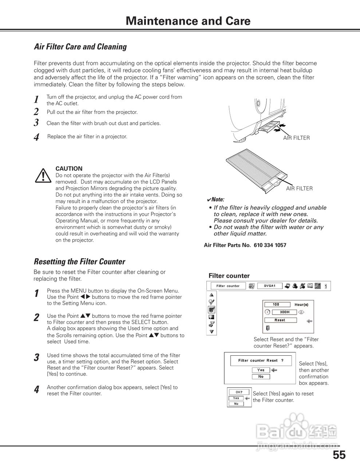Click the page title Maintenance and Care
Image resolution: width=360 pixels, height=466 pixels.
tap(188, 21)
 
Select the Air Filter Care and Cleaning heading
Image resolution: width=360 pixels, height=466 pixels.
tap(80, 47)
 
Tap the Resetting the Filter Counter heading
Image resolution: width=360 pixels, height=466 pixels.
tap(79, 261)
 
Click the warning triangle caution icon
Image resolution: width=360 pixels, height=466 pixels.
tap(43, 175)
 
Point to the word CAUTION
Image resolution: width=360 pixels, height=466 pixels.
tap(69, 169)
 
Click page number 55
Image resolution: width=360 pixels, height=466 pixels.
tap(339, 455)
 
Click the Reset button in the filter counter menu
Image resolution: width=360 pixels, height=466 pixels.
tap(280, 320)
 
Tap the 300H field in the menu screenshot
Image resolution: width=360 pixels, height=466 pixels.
tap(284, 312)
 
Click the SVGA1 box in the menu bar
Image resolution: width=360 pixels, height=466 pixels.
tap(269, 286)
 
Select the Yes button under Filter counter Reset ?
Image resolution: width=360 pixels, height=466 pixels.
tap(261, 370)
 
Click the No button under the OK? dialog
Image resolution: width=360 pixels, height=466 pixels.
tap(236, 404)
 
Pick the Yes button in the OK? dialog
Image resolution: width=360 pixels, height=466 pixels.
tap(236, 398)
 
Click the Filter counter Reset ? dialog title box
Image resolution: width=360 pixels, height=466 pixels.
tap(261, 360)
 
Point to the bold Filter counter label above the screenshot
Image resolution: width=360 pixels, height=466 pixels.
tap(229, 276)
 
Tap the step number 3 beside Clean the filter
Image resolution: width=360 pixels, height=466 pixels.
tap(36, 123)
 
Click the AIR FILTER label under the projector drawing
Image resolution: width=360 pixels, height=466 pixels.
tap(296, 138)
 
